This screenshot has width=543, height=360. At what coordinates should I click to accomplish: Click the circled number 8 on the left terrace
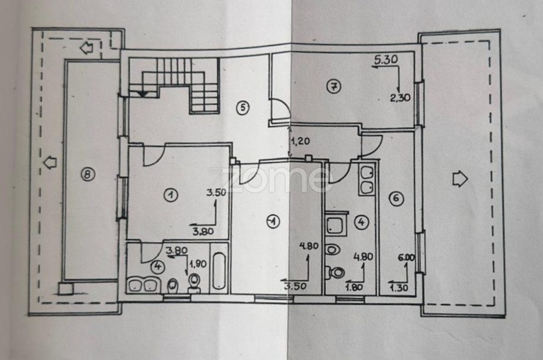(x=88, y=175)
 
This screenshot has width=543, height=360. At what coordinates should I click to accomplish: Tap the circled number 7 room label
(x=331, y=86)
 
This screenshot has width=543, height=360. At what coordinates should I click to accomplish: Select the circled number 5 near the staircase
(x=242, y=108)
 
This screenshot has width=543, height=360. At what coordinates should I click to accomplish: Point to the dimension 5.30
(x=386, y=60)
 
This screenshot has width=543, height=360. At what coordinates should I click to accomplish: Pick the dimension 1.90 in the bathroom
(x=197, y=264)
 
